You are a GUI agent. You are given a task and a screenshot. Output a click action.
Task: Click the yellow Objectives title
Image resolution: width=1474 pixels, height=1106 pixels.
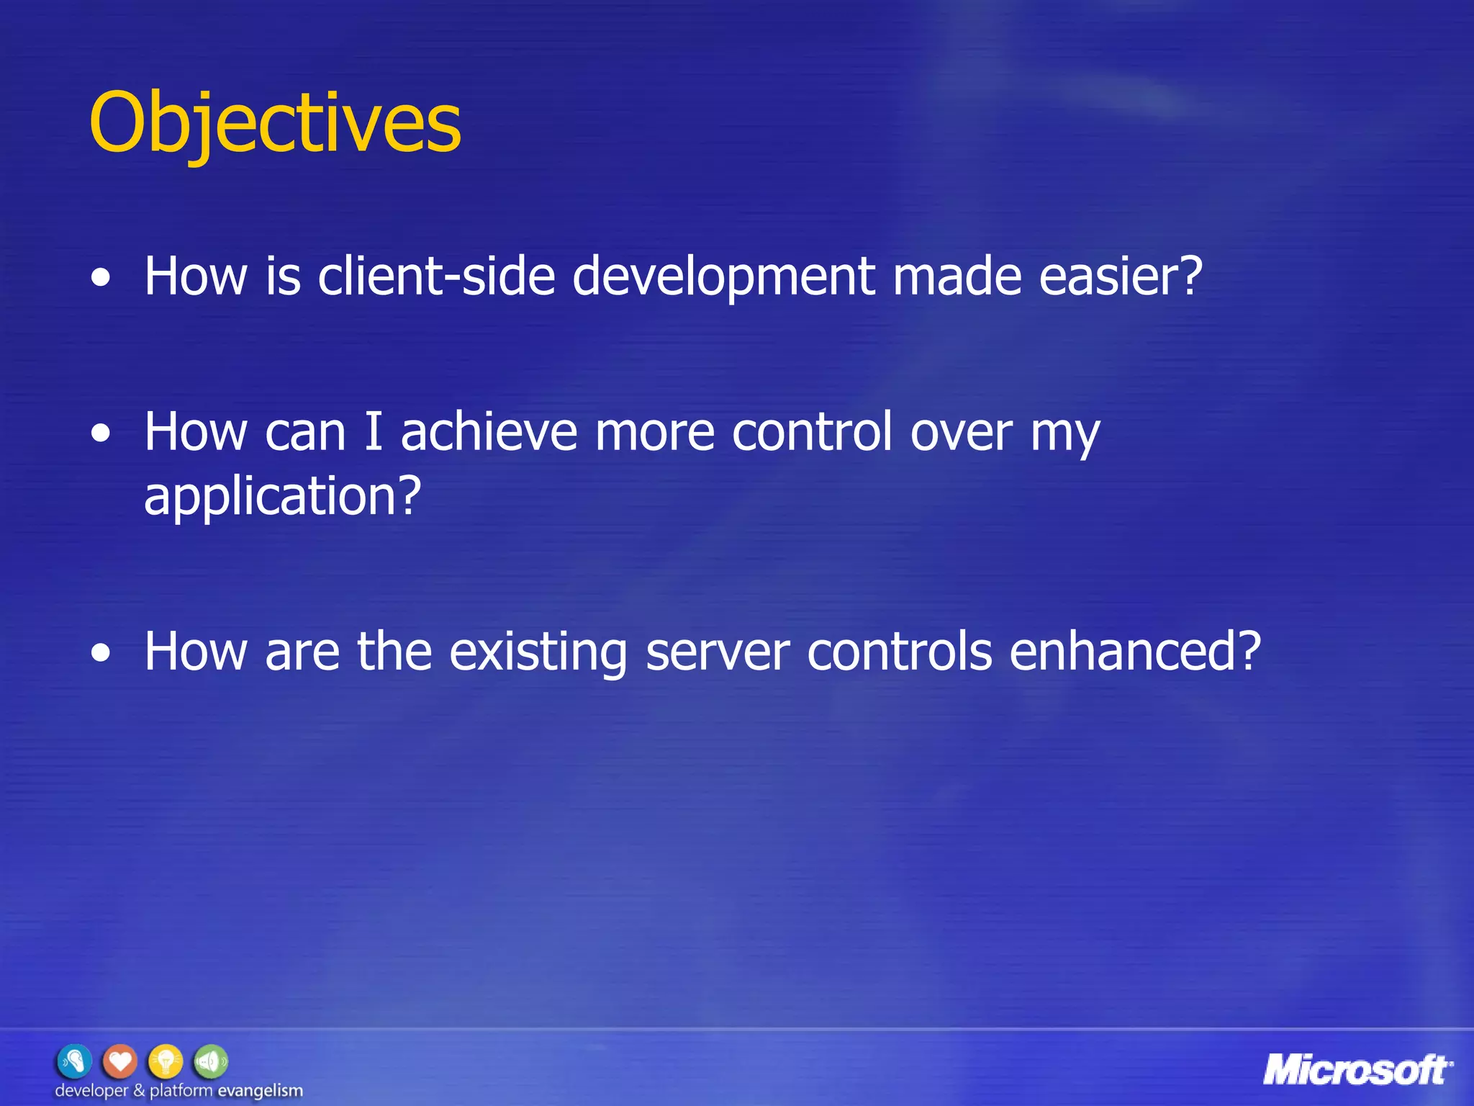[x=274, y=123]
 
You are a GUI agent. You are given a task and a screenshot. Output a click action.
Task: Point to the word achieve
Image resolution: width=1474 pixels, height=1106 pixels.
[x=489, y=432]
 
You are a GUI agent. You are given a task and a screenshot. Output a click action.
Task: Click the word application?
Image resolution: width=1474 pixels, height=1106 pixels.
[x=282, y=497]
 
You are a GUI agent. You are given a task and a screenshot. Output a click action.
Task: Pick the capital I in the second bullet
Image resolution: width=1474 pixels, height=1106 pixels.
[x=373, y=432]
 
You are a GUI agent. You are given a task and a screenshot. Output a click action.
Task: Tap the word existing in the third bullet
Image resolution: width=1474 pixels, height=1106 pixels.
[x=538, y=652]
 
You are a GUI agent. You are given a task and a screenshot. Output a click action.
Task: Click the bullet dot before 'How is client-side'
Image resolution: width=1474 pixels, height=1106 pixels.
[x=101, y=279]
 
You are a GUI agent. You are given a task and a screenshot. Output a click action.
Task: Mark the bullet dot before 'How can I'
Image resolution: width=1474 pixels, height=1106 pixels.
[x=101, y=434]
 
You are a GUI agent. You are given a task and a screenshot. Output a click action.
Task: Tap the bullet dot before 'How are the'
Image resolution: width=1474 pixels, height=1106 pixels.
[x=101, y=654]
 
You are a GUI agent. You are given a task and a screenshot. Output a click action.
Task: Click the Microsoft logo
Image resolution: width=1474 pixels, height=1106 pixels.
[x=1357, y=1070]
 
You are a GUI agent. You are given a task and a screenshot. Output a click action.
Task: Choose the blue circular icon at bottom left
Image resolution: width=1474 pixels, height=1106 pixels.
[x=75, y=1061]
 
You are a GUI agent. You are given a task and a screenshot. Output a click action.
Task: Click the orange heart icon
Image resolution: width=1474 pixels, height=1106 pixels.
[x=120, y=1061]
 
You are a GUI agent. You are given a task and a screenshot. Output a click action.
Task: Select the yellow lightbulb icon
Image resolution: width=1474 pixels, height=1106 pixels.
[x=166, y=1061]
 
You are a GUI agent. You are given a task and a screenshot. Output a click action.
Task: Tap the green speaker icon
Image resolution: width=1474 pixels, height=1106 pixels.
[x=210, y=1061]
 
